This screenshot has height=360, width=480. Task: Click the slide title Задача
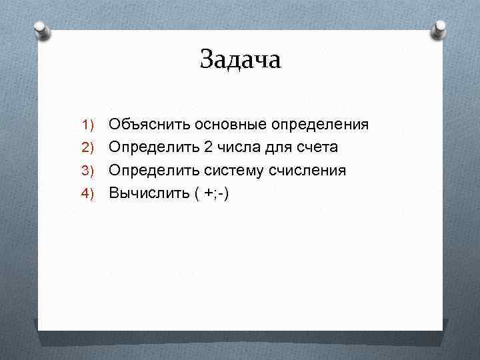click(241, 59)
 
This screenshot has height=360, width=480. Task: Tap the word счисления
click(307, 171)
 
